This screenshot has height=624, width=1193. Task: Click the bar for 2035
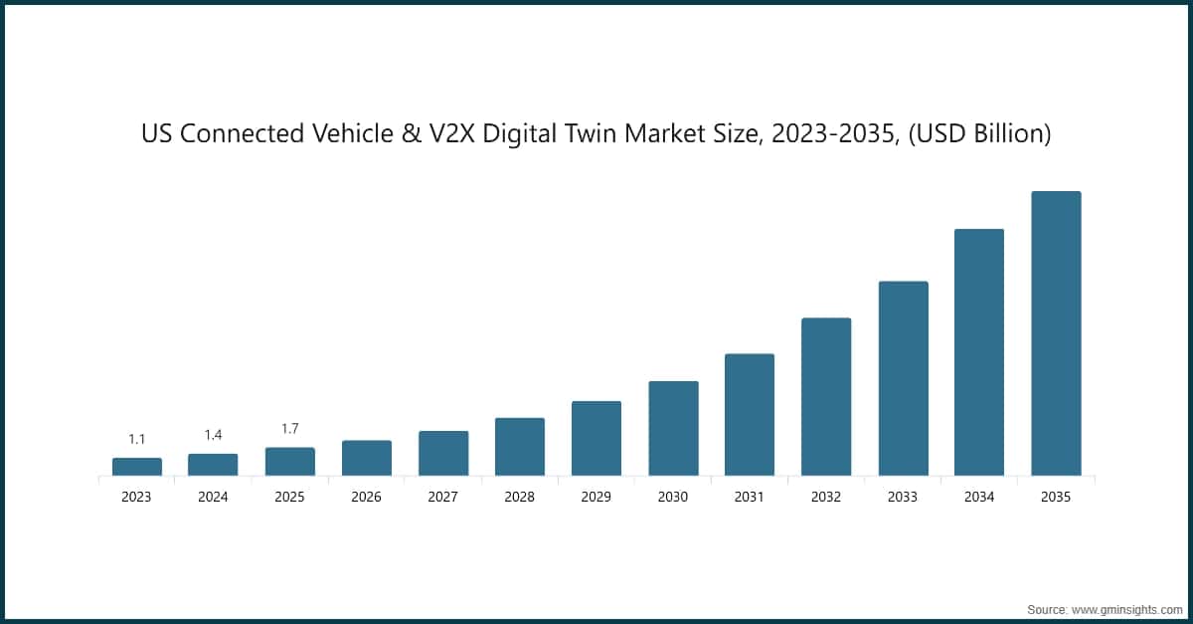click(1056, 333)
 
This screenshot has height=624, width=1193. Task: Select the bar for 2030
click(673, 428)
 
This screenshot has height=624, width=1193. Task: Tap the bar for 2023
click(137, 467)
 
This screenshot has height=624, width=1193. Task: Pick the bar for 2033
click(903, 378)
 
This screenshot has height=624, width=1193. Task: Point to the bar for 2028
click(520, 447)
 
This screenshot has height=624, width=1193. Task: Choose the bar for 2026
click(367, 458)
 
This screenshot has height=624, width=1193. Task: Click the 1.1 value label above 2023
click(137, 439)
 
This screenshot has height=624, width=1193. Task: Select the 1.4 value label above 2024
click(214, 435)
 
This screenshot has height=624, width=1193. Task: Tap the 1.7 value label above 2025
click(290, 429)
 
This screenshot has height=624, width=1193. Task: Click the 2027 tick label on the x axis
click(443, 497)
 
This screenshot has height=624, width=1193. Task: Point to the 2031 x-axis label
click(750, 497)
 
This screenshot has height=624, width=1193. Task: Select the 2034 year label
click(979, 497)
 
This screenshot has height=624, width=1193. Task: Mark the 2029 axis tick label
click(596, 497)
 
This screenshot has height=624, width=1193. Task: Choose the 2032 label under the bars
click(826, 497)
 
